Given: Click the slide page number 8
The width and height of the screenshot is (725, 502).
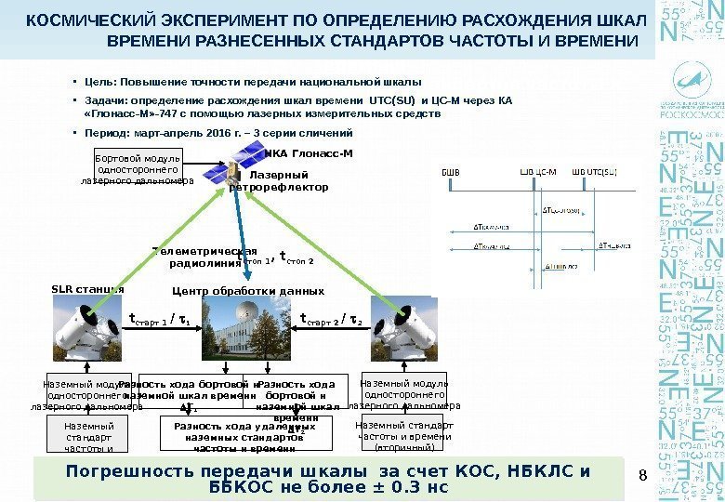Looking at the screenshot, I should coord(640,477).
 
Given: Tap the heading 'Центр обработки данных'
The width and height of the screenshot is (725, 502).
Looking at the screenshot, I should coord(249,291).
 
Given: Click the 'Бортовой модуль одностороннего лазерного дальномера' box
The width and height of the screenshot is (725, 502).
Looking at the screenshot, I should coord(138,170).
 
